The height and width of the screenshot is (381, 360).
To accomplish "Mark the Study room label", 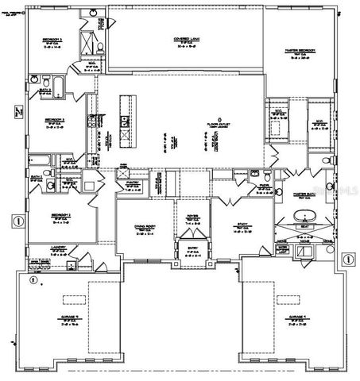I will point(242,226).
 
